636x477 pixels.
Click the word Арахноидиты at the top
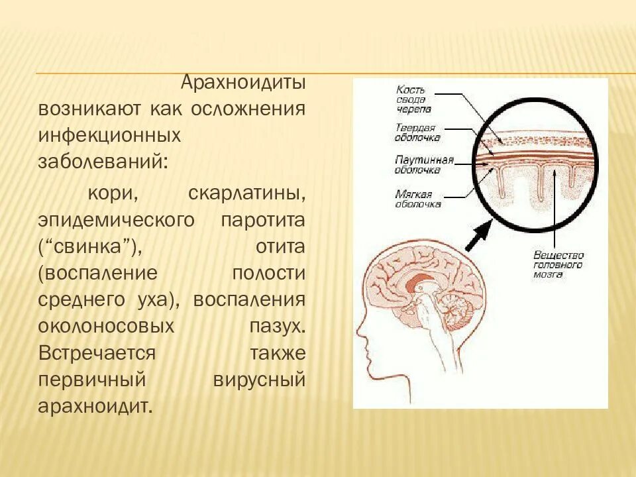243,84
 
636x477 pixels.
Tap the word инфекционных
109,134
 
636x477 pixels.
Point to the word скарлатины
247,195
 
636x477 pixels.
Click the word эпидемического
116,221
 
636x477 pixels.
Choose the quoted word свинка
89,246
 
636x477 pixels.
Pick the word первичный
91,379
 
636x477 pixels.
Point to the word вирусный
260,379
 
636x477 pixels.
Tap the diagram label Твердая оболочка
417,132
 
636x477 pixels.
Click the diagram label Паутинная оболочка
424,164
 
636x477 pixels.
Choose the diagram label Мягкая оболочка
417,199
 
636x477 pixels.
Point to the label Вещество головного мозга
558,264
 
